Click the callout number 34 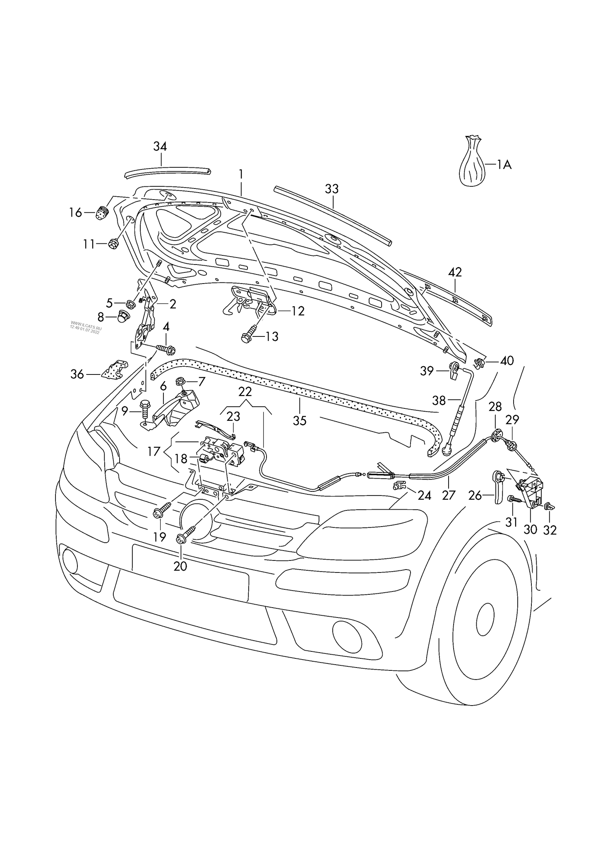click(160, 146)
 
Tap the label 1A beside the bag click(504, 165)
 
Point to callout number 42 click(455, 272)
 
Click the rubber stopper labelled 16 click(102, 213)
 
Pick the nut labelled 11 click(113, 244)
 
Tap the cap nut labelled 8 click(124, 317)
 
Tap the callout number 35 click(300, 420)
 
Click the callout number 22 click(245, 391)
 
